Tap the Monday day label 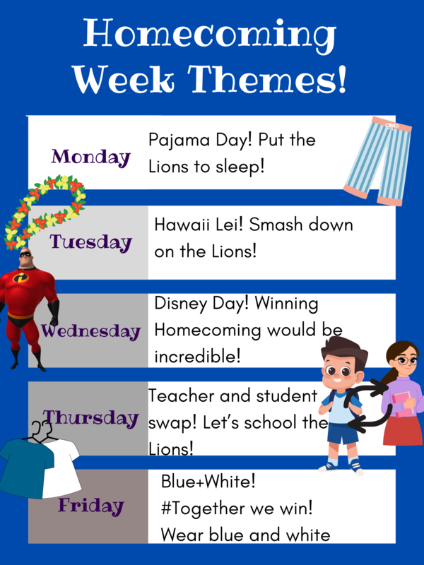(91, 157)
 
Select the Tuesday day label (90, 242)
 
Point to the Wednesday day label (90, 331)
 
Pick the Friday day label (90, 505)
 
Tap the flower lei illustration (42, 212)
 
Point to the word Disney (178, 304)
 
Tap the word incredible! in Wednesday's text (198, 357)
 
